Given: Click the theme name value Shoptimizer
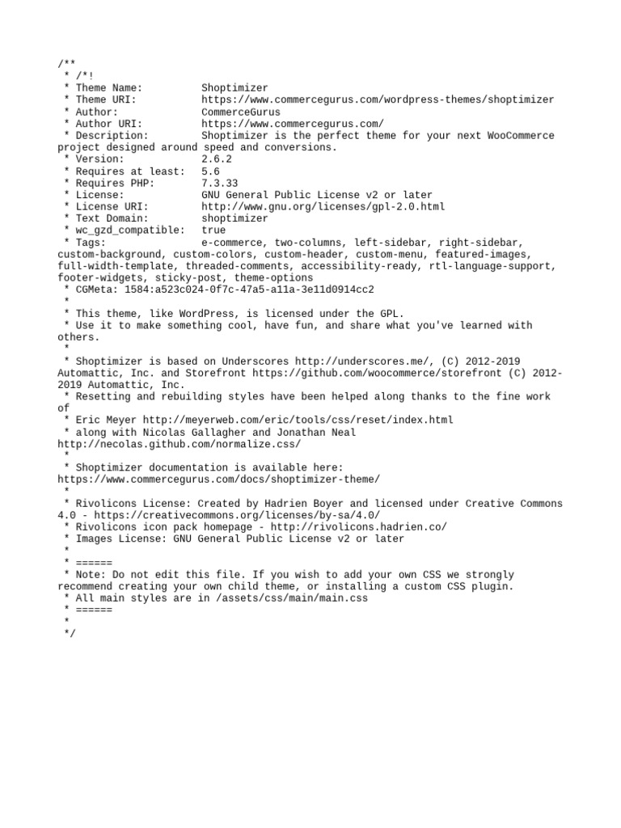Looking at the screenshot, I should (234, 88).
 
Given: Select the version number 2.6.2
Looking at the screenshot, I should (217, 159).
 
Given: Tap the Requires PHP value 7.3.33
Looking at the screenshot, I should (220, 183).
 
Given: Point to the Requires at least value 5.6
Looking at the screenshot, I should (210, 171).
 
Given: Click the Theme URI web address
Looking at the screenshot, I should (378, 99).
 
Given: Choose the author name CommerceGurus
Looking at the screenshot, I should (241, 112).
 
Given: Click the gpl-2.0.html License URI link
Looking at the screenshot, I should (323, 207).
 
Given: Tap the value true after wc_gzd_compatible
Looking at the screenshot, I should (213, 230).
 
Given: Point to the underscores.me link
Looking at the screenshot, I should (365, 361).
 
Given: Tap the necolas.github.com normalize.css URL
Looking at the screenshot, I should (179, 444).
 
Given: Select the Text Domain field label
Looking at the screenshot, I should (112, 218).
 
